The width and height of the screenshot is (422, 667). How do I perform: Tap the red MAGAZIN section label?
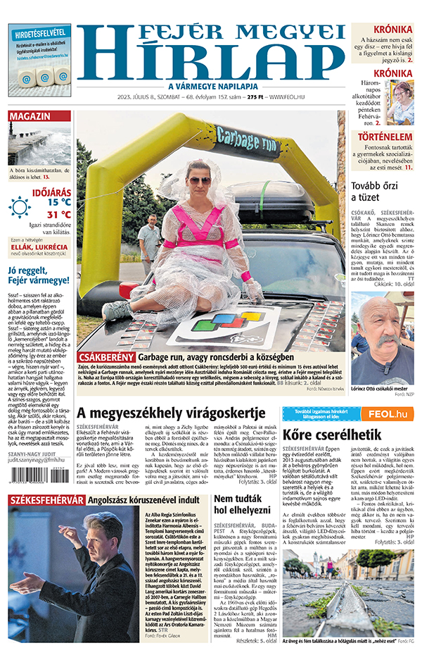click(30, 116)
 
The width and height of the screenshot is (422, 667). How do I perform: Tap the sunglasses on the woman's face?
click(198, 180)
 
